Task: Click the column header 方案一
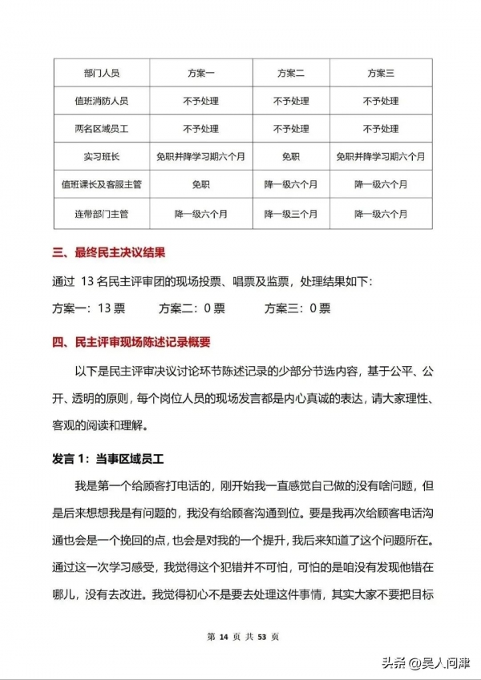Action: point(200,74)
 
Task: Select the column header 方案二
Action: point(290,74)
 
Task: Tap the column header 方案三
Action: point(381,74)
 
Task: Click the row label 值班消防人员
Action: point(101,102)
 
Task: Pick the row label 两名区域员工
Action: point(101,129)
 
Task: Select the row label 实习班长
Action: point(101,157)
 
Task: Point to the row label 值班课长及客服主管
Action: point(101,185)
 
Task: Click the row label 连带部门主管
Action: point(101,214)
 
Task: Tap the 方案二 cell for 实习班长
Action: point(290,157)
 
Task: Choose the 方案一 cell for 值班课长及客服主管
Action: point(200,185)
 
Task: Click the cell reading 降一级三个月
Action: point(290,214)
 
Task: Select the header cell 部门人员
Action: point(101,74)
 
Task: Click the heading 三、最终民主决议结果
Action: point(109,254)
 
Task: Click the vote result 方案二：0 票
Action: point(192,308)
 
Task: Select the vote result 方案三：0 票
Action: point(297,308)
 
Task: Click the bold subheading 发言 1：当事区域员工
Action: point(108,457)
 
